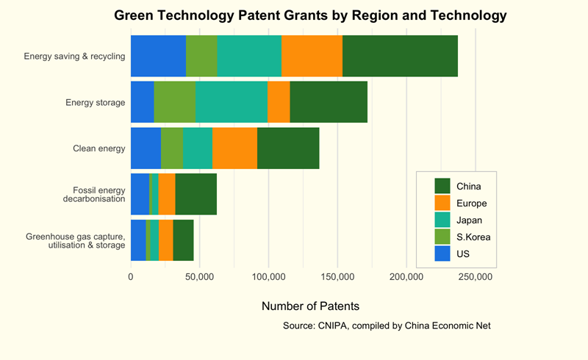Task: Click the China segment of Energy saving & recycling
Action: [400, 56]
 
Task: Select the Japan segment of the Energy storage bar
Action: [232, 102]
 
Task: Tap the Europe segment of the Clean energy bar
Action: [235, 148]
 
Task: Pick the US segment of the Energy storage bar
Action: [142, 102]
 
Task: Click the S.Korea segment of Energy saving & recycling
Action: [201, 56]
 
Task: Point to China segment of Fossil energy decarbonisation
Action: [196, 194]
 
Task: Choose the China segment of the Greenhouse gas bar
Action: [183, 240]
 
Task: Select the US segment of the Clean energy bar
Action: [146, 148]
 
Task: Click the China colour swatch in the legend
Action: [442, 185]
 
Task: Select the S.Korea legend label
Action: [473, 237]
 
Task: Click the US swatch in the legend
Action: [442, 254]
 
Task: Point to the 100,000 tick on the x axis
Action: [268, 277]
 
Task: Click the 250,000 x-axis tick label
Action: [476, 277]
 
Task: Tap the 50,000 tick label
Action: [199, 277]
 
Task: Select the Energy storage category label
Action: [96, 102]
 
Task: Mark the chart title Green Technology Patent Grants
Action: [310, 15]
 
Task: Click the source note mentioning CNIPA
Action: [386, 325]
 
